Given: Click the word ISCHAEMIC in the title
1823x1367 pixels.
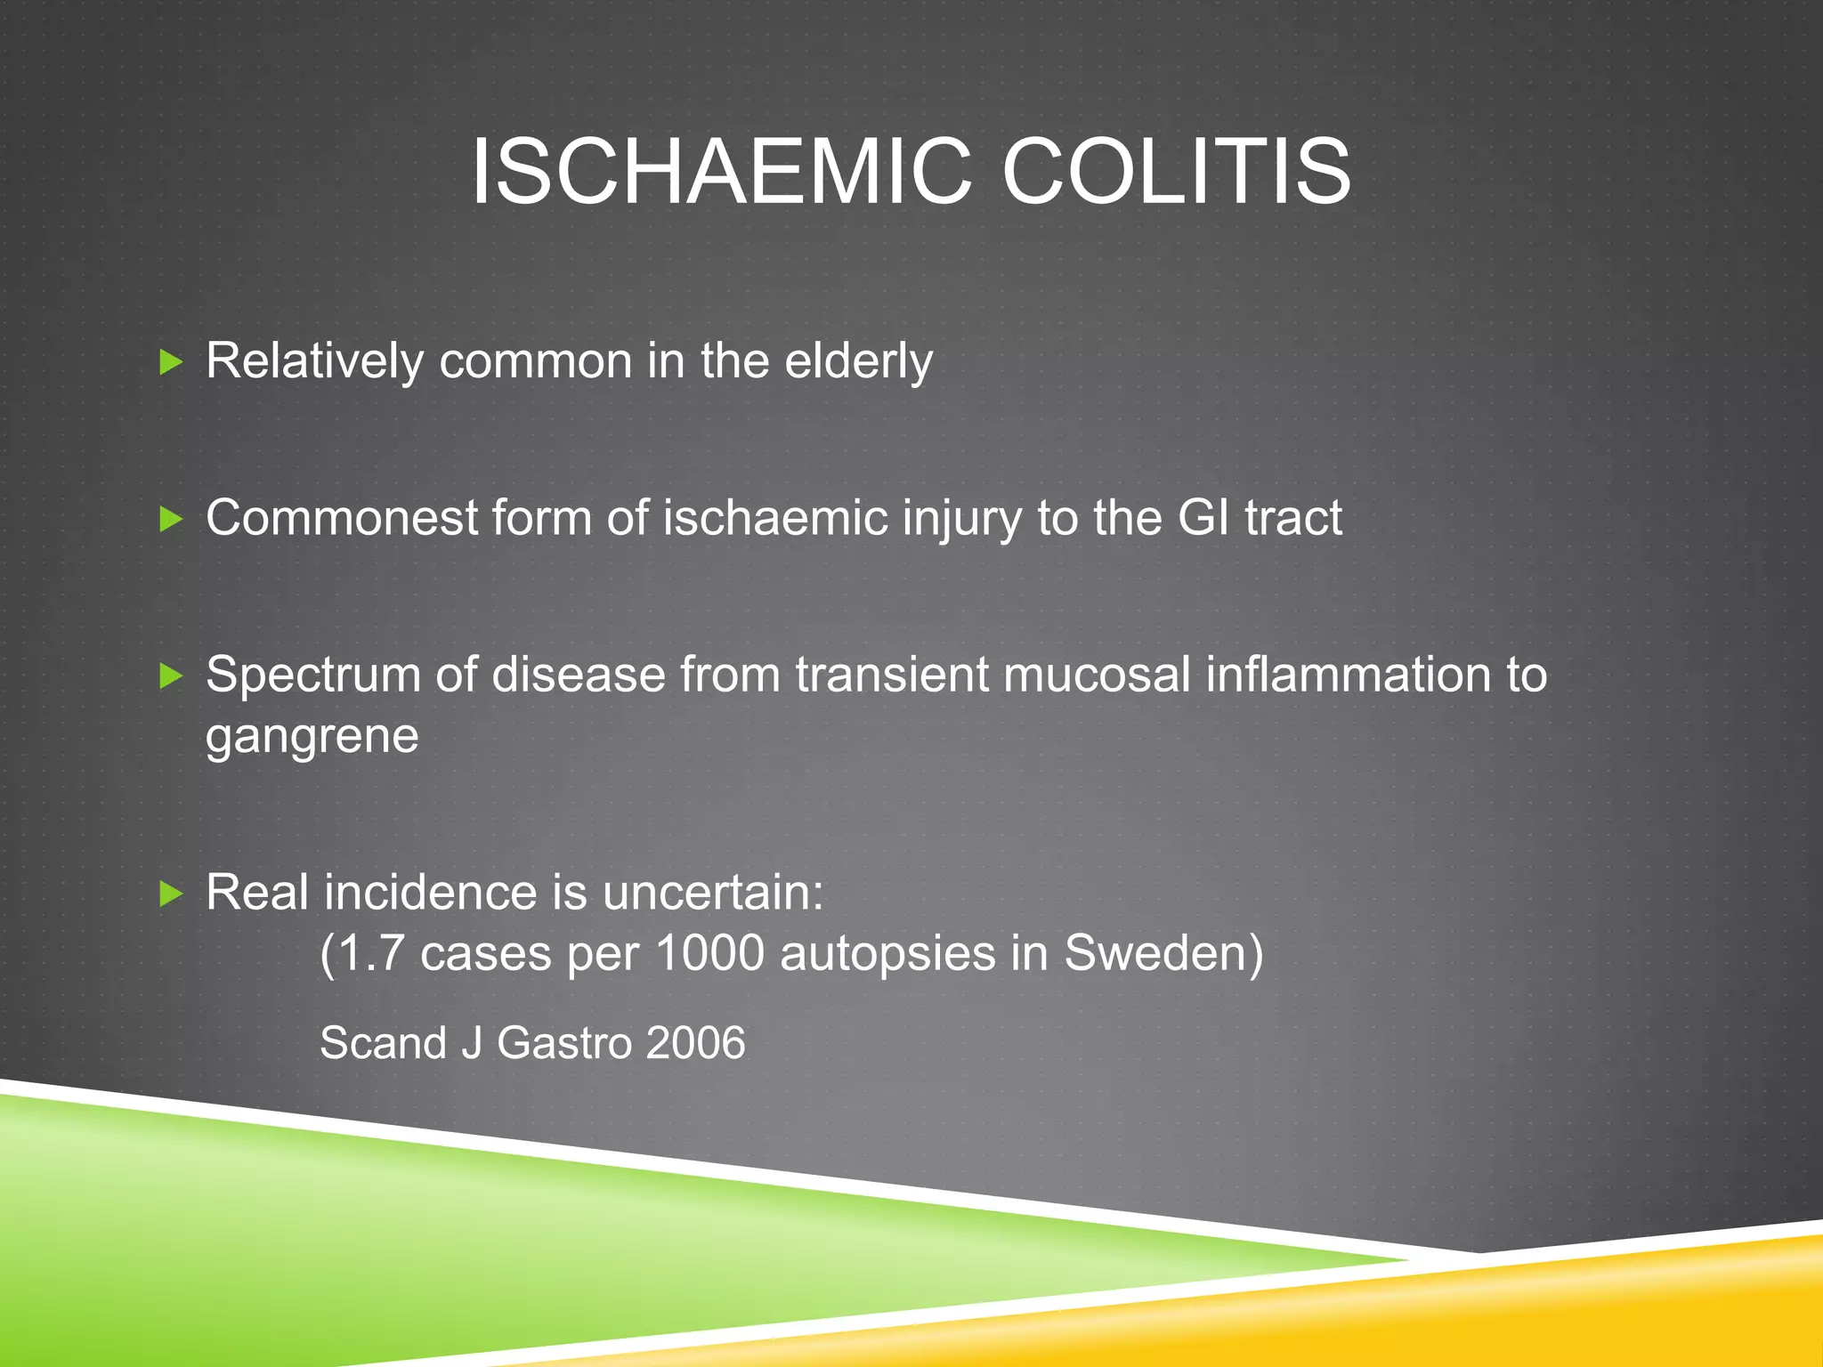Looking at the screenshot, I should (x=721, y=172).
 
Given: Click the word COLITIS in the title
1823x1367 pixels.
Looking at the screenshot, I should (x=1176, y=172).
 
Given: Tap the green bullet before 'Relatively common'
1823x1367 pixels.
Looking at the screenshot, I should (x=171, y=362).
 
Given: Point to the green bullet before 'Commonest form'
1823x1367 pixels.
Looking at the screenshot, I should (x=171, y=519).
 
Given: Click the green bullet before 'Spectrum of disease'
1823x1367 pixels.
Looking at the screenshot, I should (x=171, y=675).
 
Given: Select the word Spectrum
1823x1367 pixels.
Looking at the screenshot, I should (x=312, y=675).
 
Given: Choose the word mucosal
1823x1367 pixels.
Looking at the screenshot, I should (x=1097, y=675).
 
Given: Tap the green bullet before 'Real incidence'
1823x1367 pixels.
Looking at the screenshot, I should (x=171, y=894).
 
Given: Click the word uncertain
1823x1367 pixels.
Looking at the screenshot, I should (x=712, y=893).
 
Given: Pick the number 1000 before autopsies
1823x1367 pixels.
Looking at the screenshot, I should (x=709, y=954).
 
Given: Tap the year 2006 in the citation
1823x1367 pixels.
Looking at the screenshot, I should (x=695, y=1043).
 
